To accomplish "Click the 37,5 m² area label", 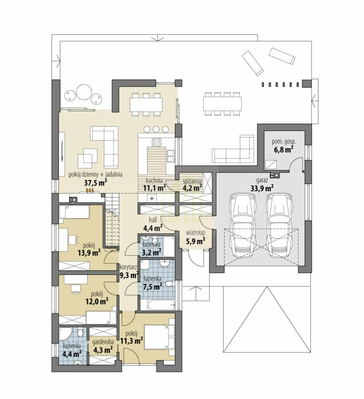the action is click(x=95, y=183).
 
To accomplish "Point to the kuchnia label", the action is click(x=154, y=181).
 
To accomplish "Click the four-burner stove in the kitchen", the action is click(x=156, y=142).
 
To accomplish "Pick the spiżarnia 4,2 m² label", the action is click(x=192, y=185).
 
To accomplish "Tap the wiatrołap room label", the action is click(x=195, y=233).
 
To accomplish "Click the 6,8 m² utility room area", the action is click(x=283, y=149).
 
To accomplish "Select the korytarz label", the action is click(x=129, y=267).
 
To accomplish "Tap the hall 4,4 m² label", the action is click(x=153, y=224).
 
